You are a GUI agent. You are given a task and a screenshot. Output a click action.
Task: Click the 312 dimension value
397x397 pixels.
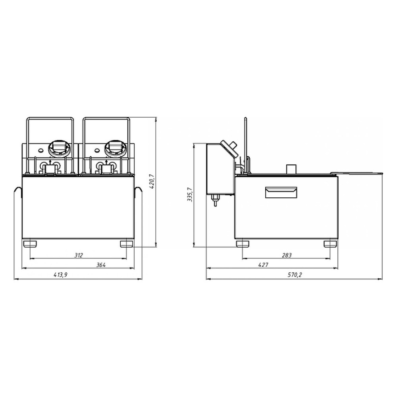(79, 255)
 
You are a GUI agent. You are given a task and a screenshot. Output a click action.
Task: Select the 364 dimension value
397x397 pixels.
(101, 265)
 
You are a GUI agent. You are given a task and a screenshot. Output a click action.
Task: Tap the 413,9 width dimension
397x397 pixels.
(60, 275)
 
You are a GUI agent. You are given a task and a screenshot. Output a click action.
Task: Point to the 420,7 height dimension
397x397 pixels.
(152, 181)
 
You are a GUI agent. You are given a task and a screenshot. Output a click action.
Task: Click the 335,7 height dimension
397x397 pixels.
(190, 195)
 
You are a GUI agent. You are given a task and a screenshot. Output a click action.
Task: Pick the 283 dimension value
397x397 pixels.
(287, 255)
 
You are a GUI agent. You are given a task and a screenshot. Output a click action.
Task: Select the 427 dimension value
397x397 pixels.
(263, 265)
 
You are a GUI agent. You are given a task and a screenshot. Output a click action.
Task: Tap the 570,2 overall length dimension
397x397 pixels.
(295, 275)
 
